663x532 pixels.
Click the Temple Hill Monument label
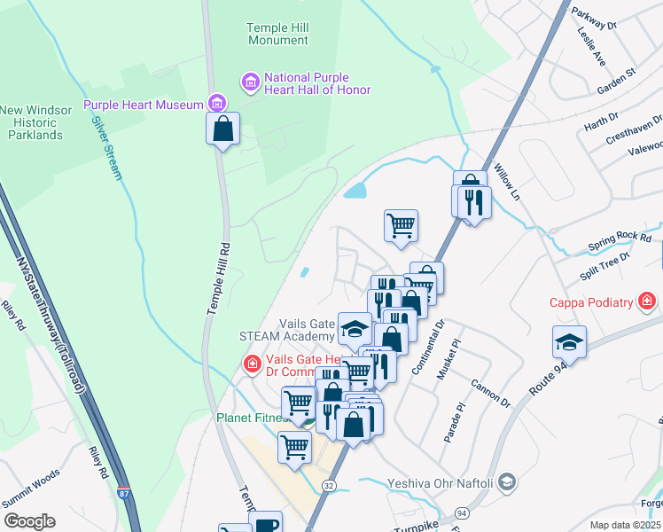tap(277, 35)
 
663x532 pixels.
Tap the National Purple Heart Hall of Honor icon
tap(250, 83)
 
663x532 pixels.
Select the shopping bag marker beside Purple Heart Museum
tap(223, 128)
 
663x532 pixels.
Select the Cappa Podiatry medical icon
tap(648, 302)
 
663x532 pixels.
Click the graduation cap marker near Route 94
tap(569, 342)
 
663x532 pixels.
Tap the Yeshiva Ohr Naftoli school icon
tap(506, 483)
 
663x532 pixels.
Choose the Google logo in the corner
tap(29, 521)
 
